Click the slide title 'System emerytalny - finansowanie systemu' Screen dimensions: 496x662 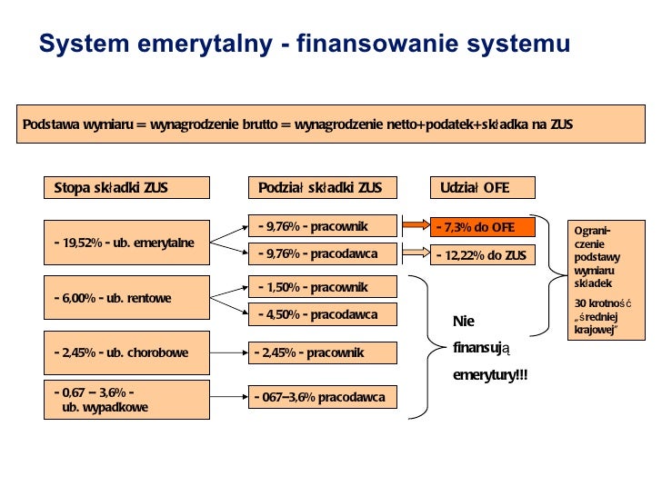(x=304, y=44)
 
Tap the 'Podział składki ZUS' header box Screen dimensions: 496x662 (x=322, y=188)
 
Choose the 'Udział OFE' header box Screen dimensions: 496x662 (x=483, y=188)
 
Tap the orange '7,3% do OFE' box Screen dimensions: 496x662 (x=484, y=227)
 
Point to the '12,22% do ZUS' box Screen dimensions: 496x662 (x=484, y=255)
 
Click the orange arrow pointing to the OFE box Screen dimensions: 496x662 (x=416, y=225)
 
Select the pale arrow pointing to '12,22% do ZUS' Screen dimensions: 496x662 (x=416, y=253)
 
